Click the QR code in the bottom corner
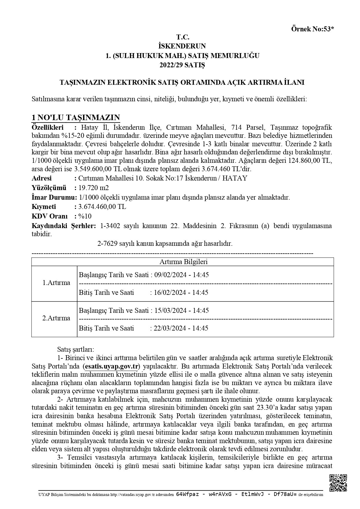coord(338,483)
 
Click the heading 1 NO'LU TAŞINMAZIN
coord(76,118)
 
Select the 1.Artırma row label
coord(56,283)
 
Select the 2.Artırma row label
coord(56,318)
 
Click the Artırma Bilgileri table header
coord(183,262)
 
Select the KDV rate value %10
coord(85,216)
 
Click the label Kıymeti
coord(44,207)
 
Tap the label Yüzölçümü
coord(49,188)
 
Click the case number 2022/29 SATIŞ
coord(182,65)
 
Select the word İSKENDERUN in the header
coord(182,46)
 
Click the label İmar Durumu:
coord(54,197)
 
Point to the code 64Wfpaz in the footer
coord(187,494)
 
